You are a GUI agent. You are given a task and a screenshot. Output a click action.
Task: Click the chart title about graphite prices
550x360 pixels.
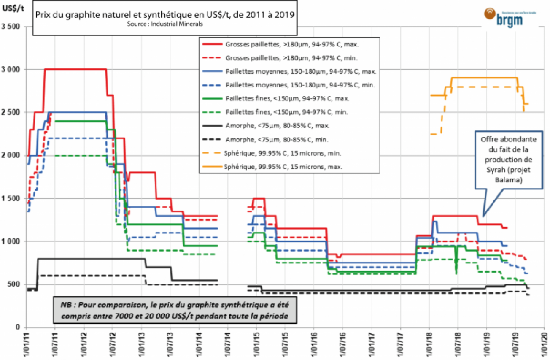[x=164, y=15]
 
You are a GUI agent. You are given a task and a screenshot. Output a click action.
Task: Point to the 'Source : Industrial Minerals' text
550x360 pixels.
[x=165, y=24]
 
